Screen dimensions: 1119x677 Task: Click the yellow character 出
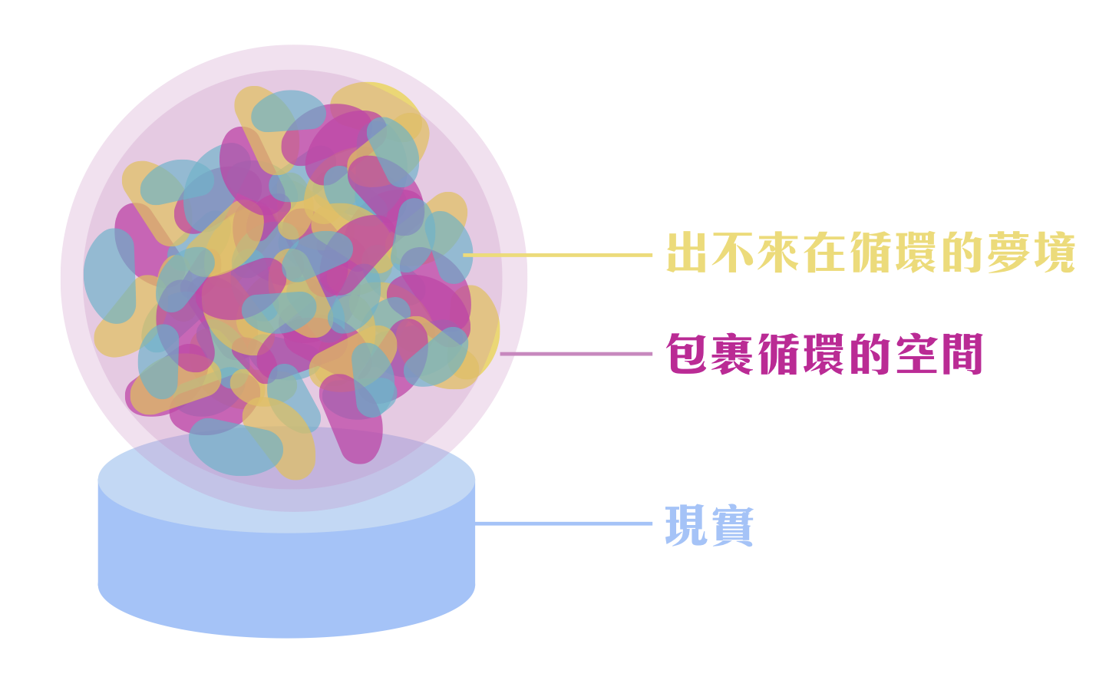(687, 253)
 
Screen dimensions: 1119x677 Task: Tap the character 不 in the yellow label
(732, 253)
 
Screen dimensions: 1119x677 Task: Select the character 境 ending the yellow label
(1054, 253)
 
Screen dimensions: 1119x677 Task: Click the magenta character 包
(687, 354)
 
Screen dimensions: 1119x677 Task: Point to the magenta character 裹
(732, 354)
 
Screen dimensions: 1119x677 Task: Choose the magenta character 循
(778, 354)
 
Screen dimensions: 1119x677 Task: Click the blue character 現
(687, 526)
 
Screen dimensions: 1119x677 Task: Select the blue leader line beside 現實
(564, 524)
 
